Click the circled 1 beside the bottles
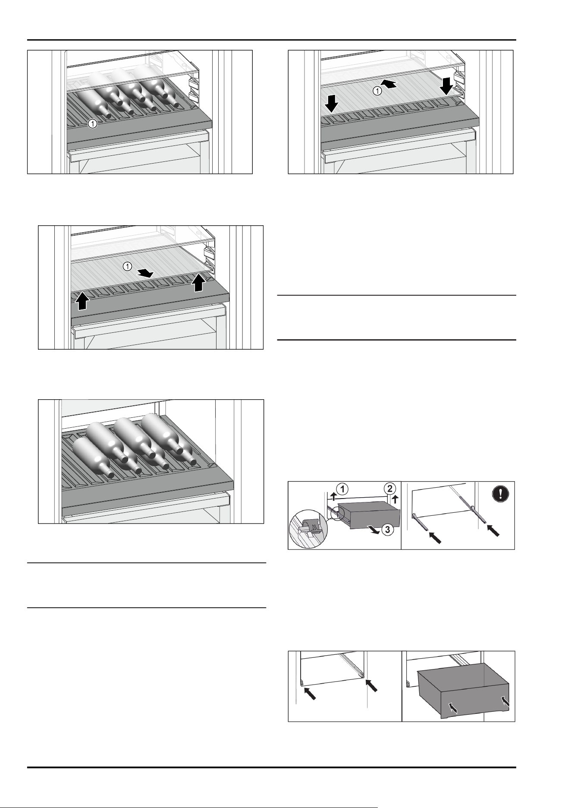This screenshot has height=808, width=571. click(x=92, y=124)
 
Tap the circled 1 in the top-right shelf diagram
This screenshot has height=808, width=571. click(x=377, y=91)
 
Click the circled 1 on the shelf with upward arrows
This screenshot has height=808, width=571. click(x=128, y=266)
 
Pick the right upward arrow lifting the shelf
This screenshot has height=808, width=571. click(x=198, y=282)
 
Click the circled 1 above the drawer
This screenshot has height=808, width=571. click(x=342, y=489)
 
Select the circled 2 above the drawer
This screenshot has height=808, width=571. click(x=389, y=489)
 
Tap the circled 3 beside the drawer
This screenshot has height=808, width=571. click(x=388, y=529)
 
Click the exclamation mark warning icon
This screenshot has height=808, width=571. click(x=500, y=493)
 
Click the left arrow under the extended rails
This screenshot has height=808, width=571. click(x=435, y=537)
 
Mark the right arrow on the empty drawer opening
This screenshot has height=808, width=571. click(x=372, y=685)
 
